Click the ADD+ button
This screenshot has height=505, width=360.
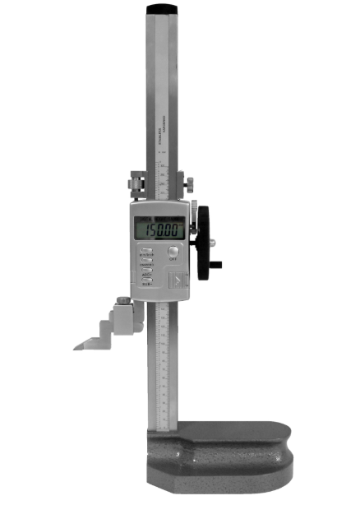(x=147, y=269)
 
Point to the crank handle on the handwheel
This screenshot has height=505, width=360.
(x=215, y=265)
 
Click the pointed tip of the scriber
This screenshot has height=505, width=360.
(x=76, y=347)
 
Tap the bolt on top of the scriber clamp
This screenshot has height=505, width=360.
(x=123, y=300)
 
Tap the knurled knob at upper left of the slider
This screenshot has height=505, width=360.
(x=132, y=180)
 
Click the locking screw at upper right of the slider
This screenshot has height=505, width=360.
(x=188, y=181)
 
